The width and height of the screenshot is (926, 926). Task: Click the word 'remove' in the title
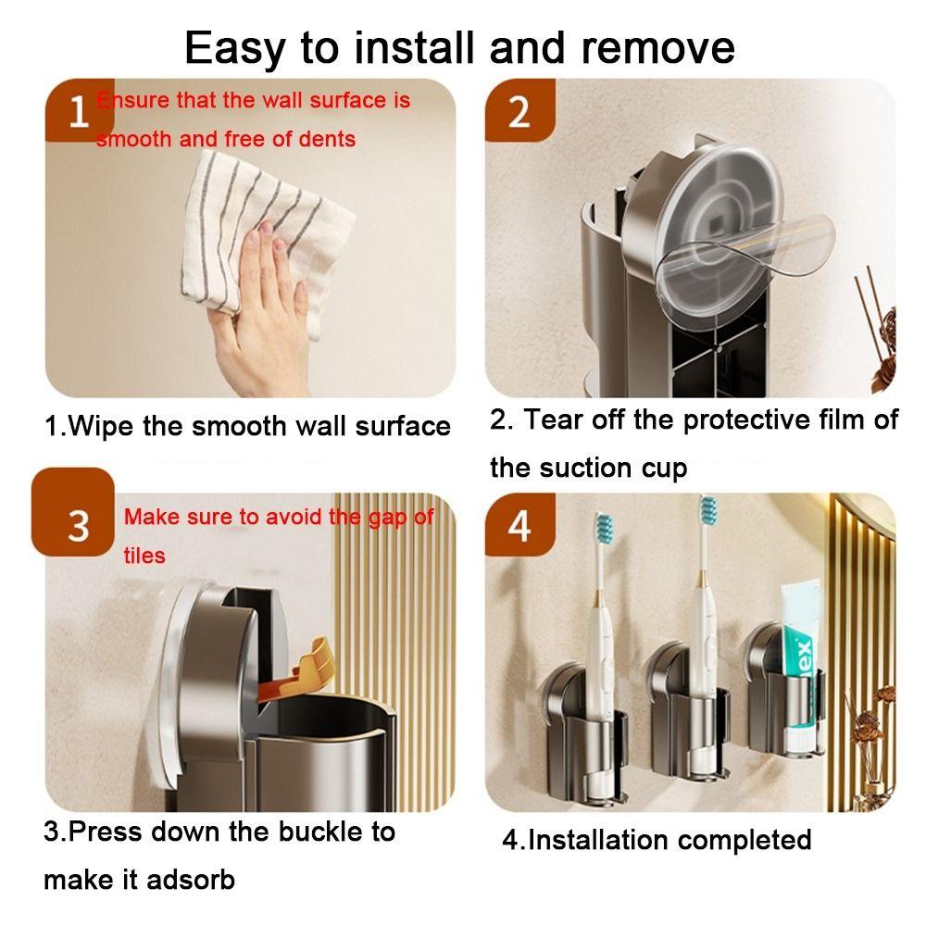point(657,47)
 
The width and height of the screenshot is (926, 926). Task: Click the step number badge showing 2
point(519,111)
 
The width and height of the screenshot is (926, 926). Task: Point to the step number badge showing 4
point(519,524)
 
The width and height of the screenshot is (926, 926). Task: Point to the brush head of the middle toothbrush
point(707,513)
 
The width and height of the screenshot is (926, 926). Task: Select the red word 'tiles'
point(144,556)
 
